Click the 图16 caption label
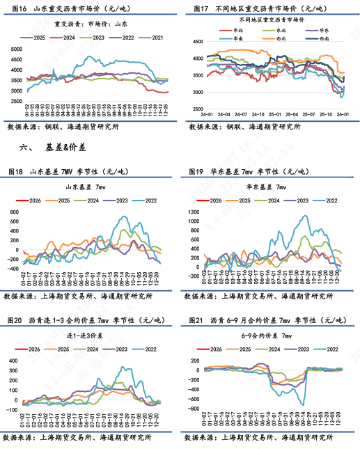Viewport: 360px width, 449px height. [x=15, y=9]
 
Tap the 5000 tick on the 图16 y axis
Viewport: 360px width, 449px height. [x=16, y=48]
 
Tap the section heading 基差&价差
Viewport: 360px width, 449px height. [x=64, y=148]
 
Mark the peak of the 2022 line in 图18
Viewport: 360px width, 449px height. [x=126, y=217]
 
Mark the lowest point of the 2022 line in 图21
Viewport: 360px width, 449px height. [x=304, y=404]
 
